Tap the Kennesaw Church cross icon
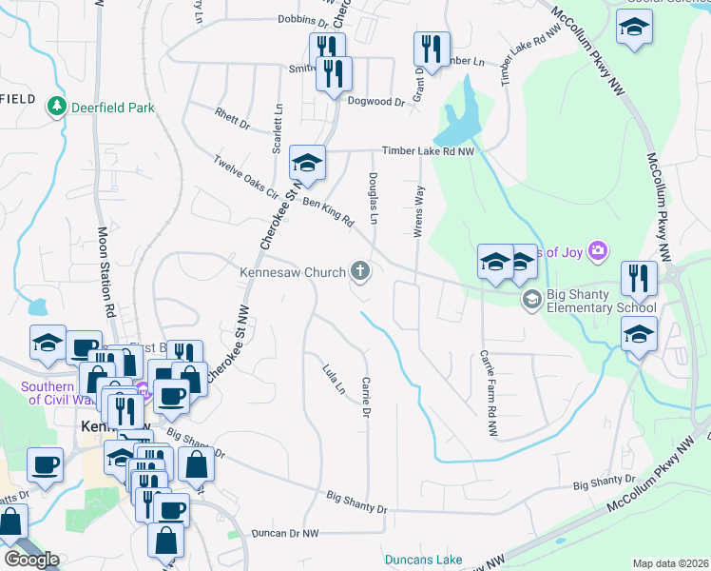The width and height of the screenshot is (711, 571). point(360,273)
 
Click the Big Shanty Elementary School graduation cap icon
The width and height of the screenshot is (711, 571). point(531,300)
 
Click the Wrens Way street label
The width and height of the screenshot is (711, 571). point(418,207)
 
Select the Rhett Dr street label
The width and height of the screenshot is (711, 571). point(232,125)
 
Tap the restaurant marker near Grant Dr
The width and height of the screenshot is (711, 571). point(432,49)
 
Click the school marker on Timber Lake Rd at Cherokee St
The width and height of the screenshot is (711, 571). point(307,163)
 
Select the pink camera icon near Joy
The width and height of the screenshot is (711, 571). point(598,251)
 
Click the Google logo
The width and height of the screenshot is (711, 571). point(31,559)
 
